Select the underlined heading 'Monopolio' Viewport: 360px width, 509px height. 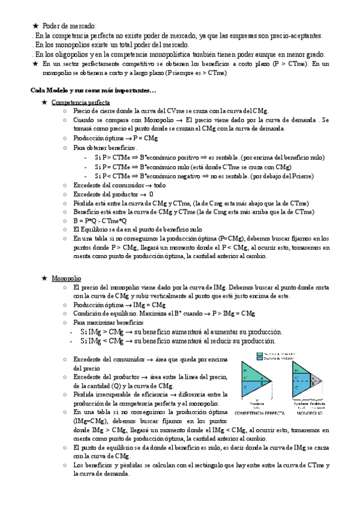tap(66, 279)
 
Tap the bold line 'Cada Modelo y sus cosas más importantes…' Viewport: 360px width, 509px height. tap(92, 91)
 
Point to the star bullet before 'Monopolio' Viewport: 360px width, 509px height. tap(44, 279)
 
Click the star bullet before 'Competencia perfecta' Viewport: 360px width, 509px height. tap(44, 103)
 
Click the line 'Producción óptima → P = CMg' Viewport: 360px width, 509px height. tap(115, 138)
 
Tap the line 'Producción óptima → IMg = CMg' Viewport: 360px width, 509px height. tap(118, 305)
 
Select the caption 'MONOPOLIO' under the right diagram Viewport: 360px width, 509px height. tap(308, 414)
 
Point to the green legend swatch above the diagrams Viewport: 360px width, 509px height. tap(260, 354)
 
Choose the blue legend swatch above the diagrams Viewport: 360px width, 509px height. tap(260, 358)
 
